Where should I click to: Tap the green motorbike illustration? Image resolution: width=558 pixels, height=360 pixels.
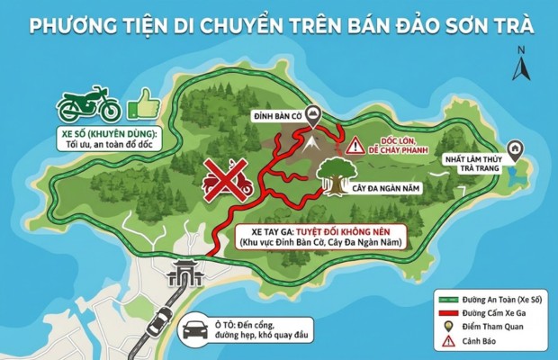point(87,106)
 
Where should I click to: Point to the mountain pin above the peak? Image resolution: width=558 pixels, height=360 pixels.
point(312,114)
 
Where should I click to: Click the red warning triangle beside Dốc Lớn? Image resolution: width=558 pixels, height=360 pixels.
point(356,144)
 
